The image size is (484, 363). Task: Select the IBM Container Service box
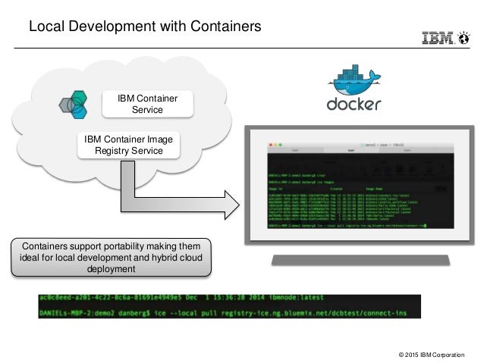click(x=147, y=105)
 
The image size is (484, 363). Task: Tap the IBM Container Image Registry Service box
click(x=130, y=145)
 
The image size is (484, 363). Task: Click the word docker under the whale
click(x=353, y=104)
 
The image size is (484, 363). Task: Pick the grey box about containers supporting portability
click(x=112, y=257)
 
